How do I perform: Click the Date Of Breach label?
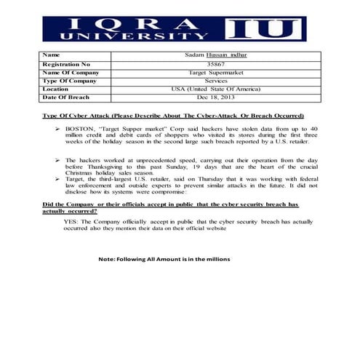(x=68, y=97)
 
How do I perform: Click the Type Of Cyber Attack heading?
(x=173, y=116)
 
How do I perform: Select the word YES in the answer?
(x=71, y=221)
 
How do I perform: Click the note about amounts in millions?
(x=164, y=259)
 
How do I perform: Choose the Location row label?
(x=57, y=89)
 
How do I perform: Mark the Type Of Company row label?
(x=70, y=80)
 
